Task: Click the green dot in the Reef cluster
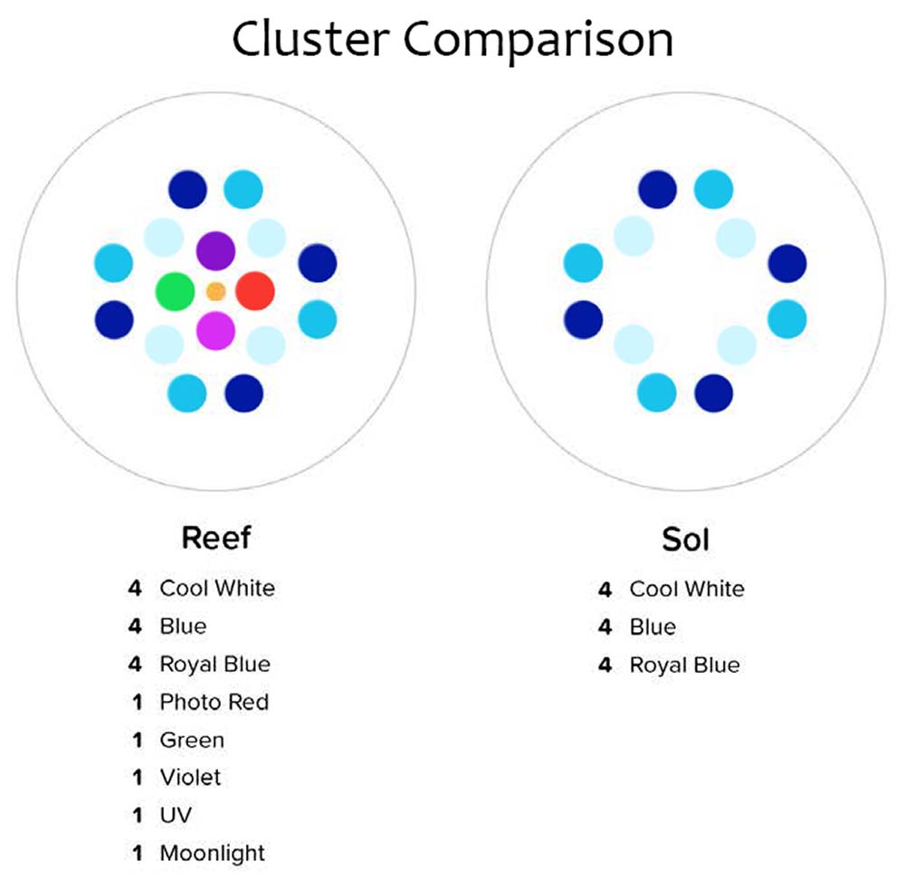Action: [x=175, y=291]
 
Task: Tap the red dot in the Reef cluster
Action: [x=254, y=291]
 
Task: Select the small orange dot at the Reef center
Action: [x=215, y=291]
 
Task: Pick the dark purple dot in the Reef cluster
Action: [x=215, y=251]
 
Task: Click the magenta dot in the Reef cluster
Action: [x=215, y=330]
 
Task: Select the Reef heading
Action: [x=215, y=538]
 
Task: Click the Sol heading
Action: [x=685, y=540]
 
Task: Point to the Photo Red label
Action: [x=214, y=702]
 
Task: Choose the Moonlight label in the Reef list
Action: [x=213, y=853]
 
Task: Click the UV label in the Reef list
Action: [x=176, y=815]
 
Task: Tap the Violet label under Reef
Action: [x=190, y=777]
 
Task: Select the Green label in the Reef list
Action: [x=192, y=740]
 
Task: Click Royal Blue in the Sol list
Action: [x=684, y=666]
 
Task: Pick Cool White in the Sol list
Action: [x=687, y=590]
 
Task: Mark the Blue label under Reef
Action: [x=183, y=627]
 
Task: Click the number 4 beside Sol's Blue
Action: [x=605, y=628]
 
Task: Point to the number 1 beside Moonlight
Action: [x=138, y=853]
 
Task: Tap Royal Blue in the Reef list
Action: [x=214, y=665]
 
